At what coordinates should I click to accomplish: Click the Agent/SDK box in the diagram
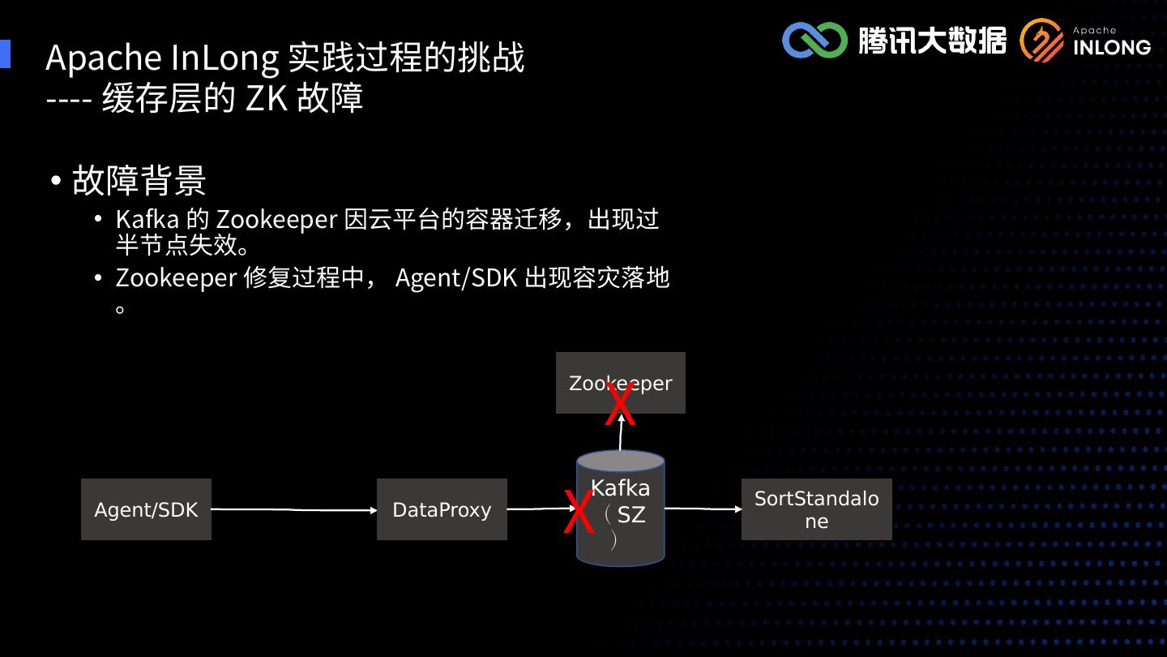point(146,509)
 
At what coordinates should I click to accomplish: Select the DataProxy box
point(442,509)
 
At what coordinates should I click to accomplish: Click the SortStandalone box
point(816,509)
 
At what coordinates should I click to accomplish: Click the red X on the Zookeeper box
point(621,404)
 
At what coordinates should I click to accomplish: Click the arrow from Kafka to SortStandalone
point(703,509)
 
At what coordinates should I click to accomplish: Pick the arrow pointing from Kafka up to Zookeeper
point(621,434)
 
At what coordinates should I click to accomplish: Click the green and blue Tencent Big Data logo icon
point(814,40)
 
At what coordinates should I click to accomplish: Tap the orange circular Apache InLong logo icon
point(1041,41)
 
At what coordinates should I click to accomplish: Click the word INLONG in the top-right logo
point(1111,47)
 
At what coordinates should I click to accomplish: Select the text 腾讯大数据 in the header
point(932,40)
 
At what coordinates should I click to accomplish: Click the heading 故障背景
point(139,180)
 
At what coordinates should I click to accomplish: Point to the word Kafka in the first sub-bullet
point(147,220)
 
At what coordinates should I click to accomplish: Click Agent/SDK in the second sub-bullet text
point(455,277)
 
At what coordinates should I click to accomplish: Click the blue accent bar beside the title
point(5,54)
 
